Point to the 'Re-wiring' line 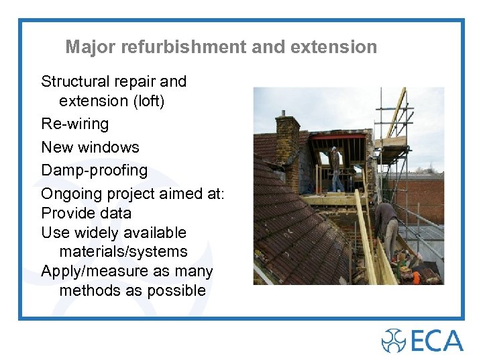74,124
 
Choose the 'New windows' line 90,147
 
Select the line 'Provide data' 86,214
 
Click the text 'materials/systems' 123,252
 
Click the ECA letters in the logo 437,340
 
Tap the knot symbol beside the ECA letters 394,340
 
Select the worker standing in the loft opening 335,169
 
